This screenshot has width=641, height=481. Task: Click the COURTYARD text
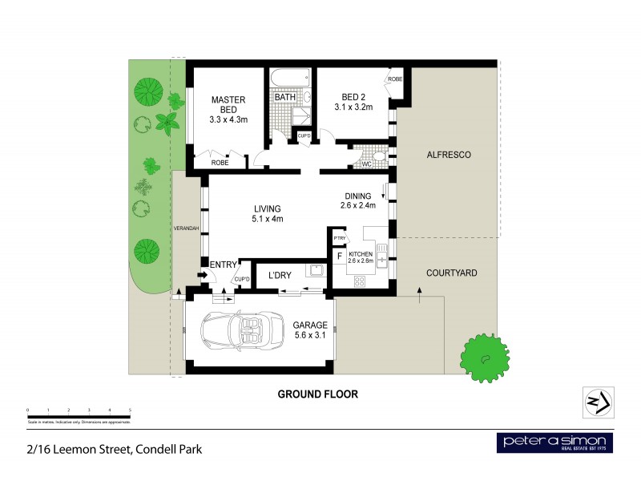click(x=451, y=273)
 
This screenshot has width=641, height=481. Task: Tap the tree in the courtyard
click(x=485, y=357)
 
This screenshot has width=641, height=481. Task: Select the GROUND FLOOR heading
click(x=317, y=394)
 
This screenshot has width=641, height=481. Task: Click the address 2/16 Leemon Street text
click(x=112, y=449)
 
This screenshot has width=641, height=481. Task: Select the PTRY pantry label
click(x=340, y=238)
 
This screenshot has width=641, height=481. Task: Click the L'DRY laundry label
click(x=280, y=276)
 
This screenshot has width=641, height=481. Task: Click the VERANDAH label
click(x=186, y=229)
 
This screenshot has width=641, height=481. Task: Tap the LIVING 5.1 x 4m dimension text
click(x=268, y=219)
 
